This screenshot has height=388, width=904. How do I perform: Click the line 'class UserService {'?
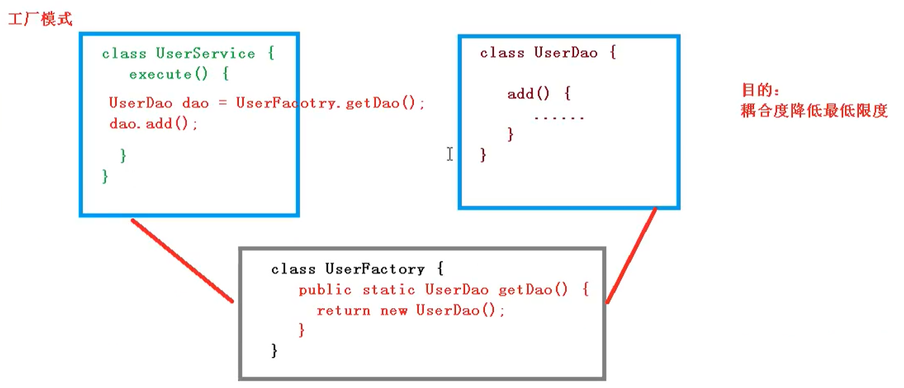click(x=188, y=54)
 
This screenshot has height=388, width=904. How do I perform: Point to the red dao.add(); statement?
click(x=154, y=124)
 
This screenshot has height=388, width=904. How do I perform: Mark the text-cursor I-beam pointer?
click(x=449, y=154)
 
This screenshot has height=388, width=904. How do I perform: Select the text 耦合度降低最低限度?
click(x=814, y=111)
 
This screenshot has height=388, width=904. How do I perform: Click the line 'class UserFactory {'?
click(x=358, y=269)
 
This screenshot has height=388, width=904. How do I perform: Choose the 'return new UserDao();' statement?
click(x=411, y=310)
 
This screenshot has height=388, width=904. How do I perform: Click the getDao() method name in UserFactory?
click(x=533, y=290)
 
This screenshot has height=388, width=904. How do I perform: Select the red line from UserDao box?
click(x=631, y=256)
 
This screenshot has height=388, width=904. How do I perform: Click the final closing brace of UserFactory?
click(x=274, y=351)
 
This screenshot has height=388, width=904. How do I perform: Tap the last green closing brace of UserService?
click(x=105, y=176)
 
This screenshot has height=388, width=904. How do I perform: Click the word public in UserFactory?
click(x=325, y=290)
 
